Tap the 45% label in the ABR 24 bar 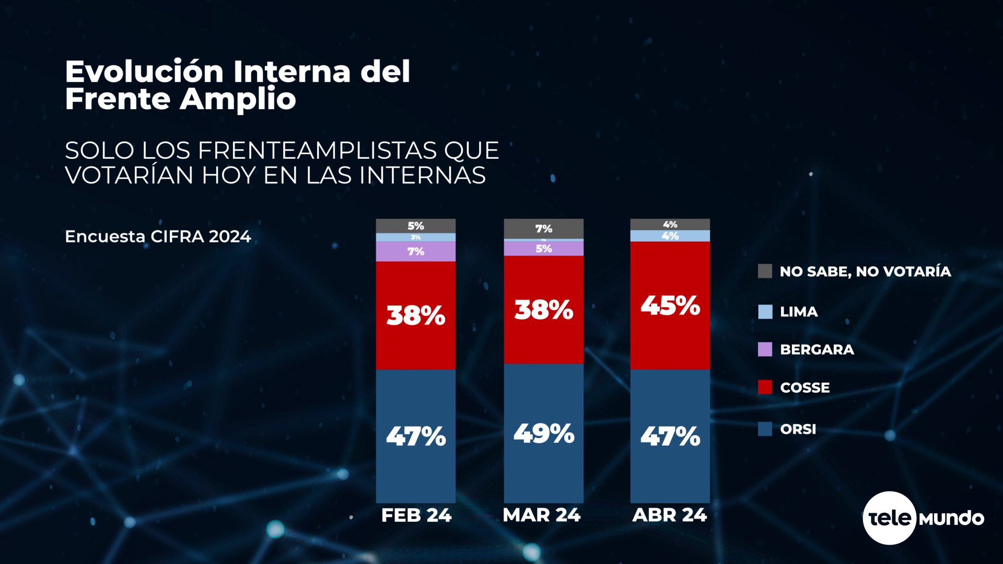670,305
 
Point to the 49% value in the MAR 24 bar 543,433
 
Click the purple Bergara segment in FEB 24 415,252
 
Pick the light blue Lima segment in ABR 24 670,236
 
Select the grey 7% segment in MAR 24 543,229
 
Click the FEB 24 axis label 416,515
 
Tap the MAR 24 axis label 541,515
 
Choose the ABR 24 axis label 669,515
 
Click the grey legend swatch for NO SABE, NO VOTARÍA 765,271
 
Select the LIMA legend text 799,312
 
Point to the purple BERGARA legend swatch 765,349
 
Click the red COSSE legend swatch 765,387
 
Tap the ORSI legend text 798,429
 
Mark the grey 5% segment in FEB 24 415,226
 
